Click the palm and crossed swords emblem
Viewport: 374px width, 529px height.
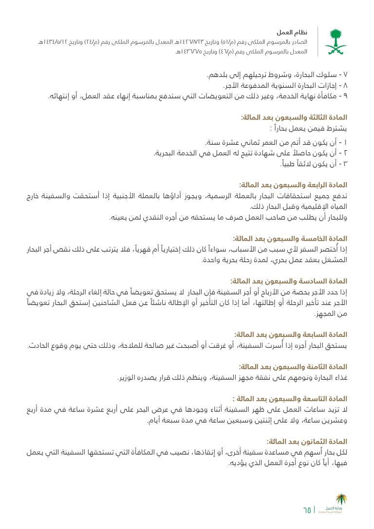[337, 41]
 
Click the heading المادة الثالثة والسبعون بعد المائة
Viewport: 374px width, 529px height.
[294, 118]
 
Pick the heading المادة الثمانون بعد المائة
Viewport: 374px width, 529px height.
[306, 441]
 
